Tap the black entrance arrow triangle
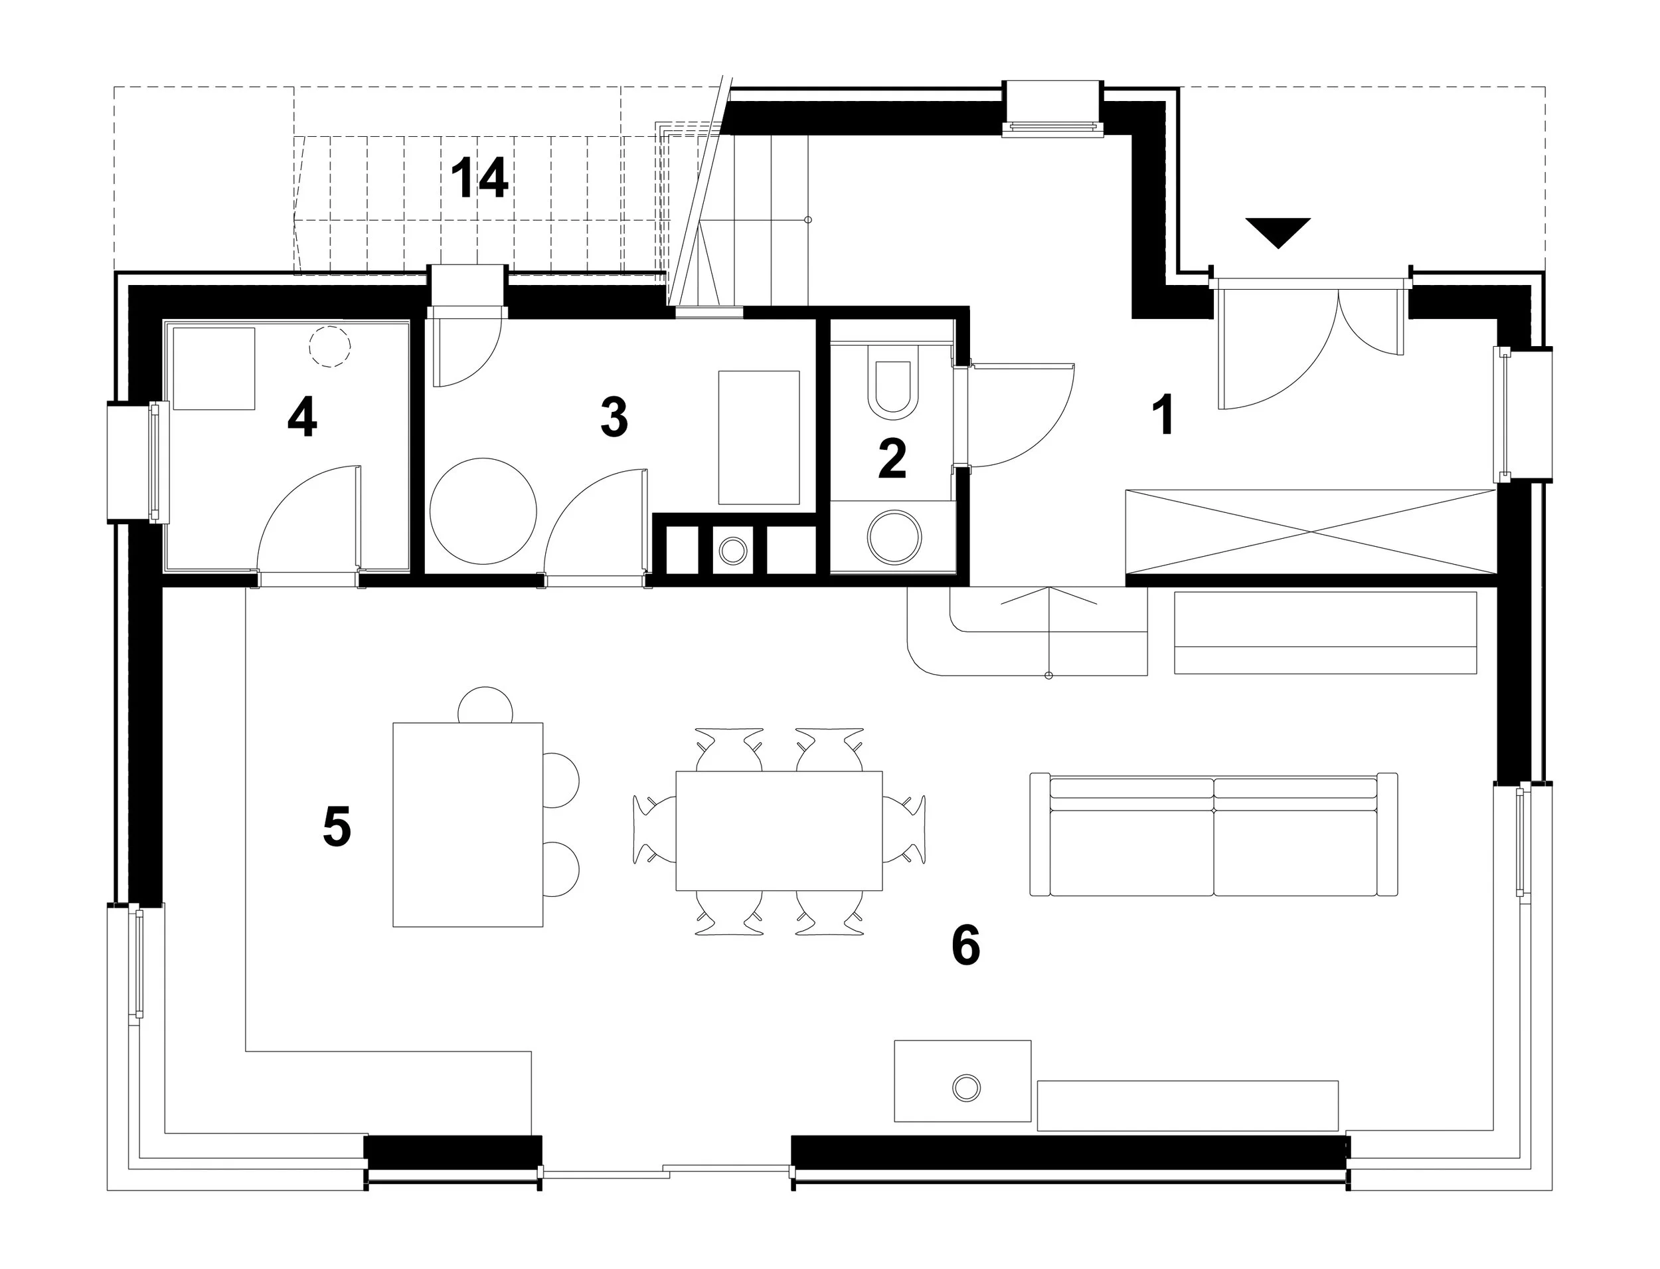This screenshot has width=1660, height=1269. [x=1278, y=232]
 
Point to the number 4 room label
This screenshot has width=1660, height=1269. [x=302, y=419]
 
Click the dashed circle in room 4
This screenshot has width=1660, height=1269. [x=330, y=347]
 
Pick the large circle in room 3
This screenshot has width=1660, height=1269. [x=483, y=512]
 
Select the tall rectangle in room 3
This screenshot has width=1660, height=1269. [x=759, y=437]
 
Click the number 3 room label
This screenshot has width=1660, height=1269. [x=614, y=418]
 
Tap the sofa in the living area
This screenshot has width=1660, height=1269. [x=1213, y=834]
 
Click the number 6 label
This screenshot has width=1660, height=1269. [x=965, y=944]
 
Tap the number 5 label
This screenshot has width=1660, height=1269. [x=337, y=827]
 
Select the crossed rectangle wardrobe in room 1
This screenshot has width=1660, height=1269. [x=1309, y=532]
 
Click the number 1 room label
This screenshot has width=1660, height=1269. [x=1165, y=415]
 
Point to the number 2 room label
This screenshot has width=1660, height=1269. [x=892, y=458]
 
